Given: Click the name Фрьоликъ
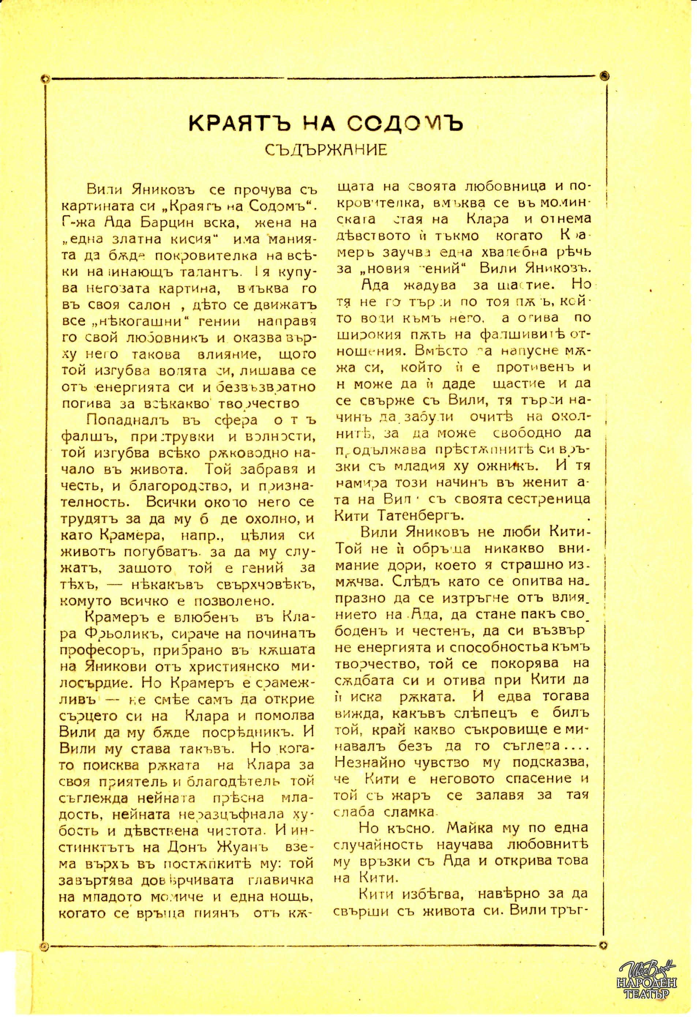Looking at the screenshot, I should point(116,633).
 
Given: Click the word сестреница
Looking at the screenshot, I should point(555,499).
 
